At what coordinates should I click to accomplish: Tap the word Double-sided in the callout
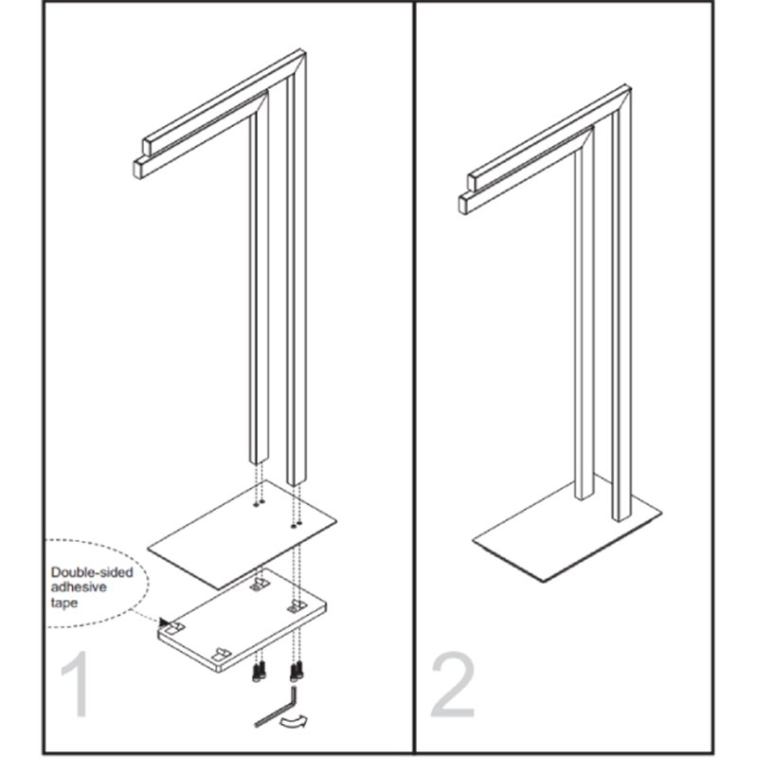coord(92,572)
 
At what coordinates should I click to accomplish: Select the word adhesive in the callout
coord(79,587)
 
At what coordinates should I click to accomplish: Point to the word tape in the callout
coord(63,603)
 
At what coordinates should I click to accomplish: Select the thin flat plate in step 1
coord(242,534)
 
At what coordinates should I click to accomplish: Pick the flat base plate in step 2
coord(567,529)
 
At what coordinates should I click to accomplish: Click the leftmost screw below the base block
coord(256,673)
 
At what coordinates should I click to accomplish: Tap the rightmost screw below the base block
coord(299,670)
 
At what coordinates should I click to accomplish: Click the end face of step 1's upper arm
coord(147,146)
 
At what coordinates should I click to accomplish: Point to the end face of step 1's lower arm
coord(138,169)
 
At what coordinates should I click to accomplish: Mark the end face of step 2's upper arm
coord(472,182)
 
